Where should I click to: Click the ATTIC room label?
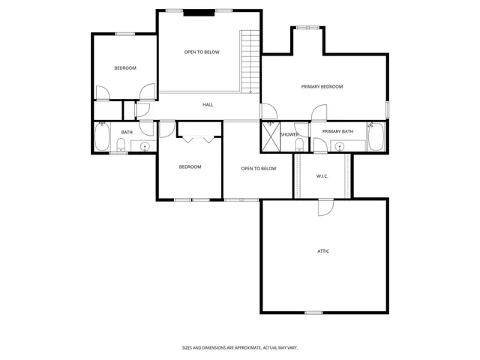click(322, 251)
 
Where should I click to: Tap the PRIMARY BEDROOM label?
click(322, 87)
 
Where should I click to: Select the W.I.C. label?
click(322, 176)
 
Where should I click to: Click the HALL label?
click(208, 105)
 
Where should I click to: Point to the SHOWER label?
click(289, 135)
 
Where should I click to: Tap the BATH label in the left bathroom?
click(127, 133)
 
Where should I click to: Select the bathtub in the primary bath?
click(376, 136)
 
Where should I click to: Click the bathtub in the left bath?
click(101, 137)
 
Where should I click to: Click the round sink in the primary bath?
click(339, 145)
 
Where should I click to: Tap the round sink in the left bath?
click(145, 145)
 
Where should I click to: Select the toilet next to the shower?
click(299, 145)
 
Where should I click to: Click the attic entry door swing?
click(324, 207)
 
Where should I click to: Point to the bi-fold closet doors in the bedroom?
click(199, 138)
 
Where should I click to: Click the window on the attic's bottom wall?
click(313, 312)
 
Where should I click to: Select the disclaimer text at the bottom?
click(240, 348)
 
